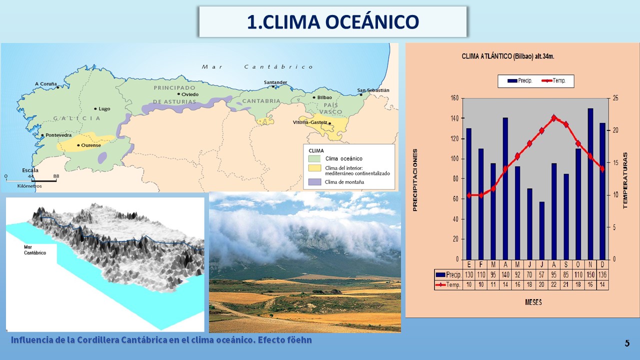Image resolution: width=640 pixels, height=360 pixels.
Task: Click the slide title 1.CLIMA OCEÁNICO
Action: pos(333,22)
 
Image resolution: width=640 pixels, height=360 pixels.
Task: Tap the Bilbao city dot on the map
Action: pos(314,97)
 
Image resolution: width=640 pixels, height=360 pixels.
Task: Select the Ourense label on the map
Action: pos(91,145)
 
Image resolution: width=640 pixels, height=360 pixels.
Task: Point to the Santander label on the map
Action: pos(275,82)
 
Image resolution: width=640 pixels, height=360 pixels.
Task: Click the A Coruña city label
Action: pos(45,83)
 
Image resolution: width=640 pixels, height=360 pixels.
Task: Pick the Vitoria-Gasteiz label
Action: pos(310,122)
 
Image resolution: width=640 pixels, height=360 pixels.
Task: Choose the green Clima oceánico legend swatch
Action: pos(314,158)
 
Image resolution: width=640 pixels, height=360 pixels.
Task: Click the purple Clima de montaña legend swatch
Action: pos(314,182)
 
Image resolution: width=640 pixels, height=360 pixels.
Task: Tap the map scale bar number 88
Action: pos(56,176)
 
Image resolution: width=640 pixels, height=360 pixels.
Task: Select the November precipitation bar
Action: pos(590,184)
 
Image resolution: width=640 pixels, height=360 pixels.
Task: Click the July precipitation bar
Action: pos(541,230)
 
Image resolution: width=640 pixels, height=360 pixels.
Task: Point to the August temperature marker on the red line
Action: pos(554,117)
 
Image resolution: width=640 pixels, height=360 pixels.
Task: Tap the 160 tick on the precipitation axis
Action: pos(454,98)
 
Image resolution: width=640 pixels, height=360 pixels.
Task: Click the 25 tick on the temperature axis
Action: pos(615,98)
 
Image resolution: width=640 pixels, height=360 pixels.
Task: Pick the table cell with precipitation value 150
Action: pos(590,275)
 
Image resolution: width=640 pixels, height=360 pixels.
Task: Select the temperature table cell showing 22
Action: pos(553,285)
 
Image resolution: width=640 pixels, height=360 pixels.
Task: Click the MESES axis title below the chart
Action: pos(533,302)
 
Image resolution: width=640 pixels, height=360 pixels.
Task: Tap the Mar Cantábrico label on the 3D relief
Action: pos(35,250)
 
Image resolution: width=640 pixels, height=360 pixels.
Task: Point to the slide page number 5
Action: pos(627,343)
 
